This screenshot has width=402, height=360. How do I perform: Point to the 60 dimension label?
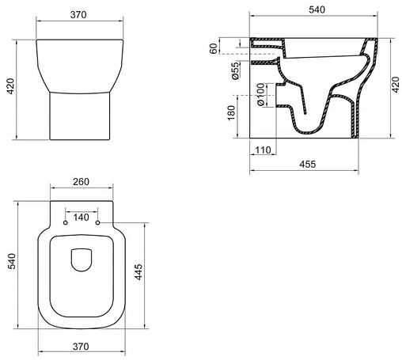click(214, 49)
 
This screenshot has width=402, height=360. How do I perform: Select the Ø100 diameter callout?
click(235, 100)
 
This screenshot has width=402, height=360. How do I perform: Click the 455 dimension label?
click(309, 164)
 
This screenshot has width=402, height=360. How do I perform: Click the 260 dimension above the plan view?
click(81, 182)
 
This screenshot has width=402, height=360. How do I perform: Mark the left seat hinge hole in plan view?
click(65, 224)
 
